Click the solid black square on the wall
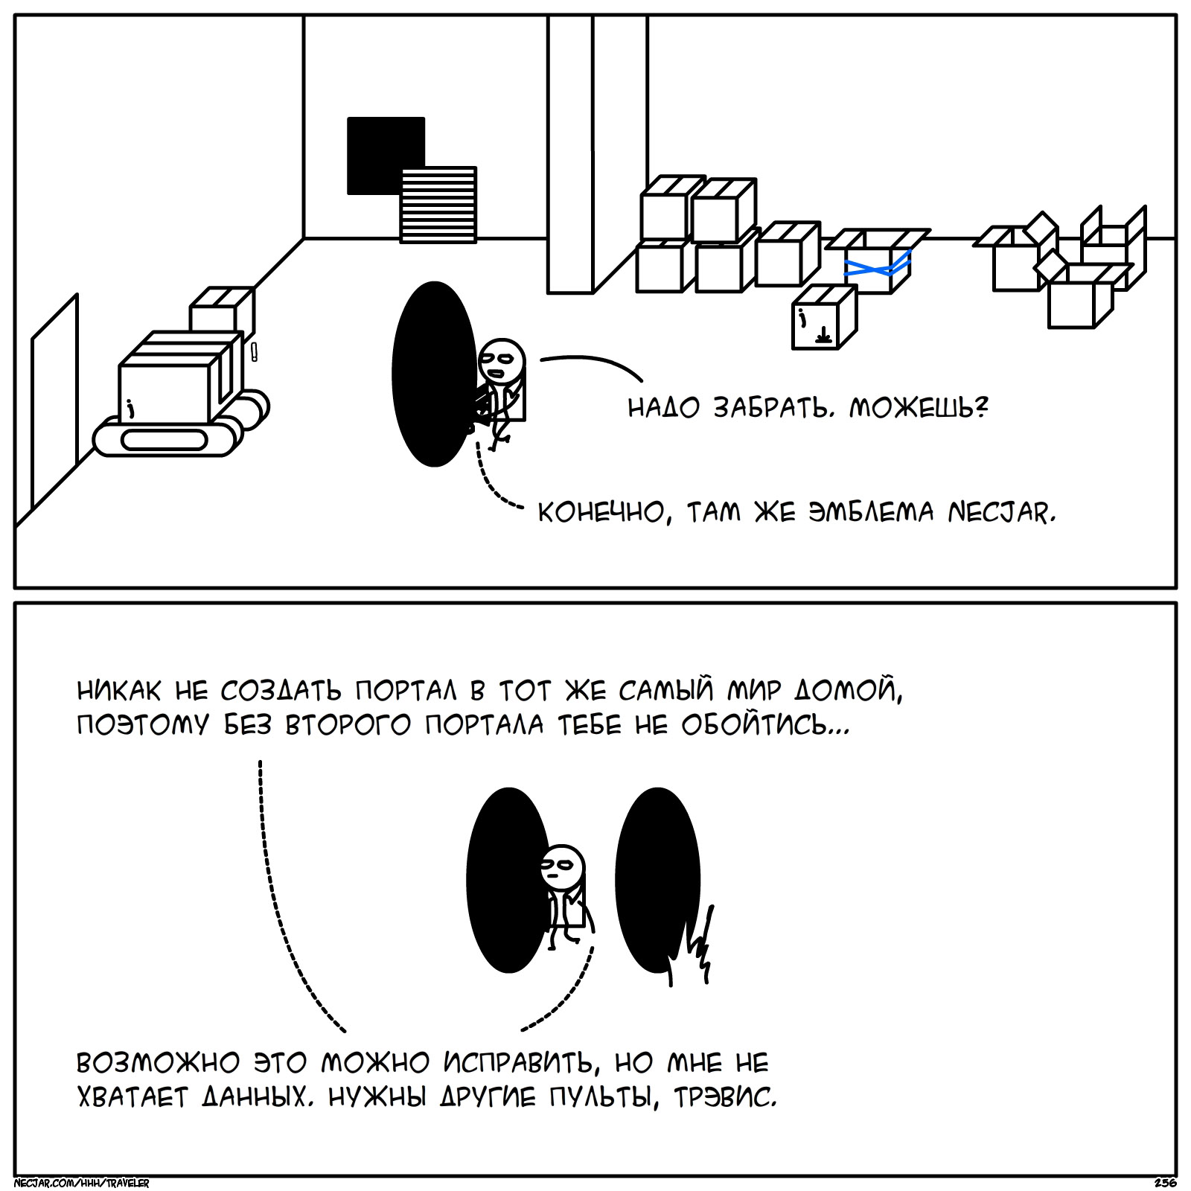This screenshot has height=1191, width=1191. (x=380, y=149)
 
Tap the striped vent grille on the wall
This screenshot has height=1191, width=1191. (x=438, y=205)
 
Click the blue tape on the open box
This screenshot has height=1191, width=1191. (x=878, y=266)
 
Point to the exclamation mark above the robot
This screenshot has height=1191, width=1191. (x=254, y=351)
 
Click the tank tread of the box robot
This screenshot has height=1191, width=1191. (x=164, y=440)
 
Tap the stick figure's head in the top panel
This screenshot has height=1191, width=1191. (x=501, y=361)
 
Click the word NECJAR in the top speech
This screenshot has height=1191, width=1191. (x=1001, y=513)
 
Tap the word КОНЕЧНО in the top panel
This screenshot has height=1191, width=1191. (x=601, y=513)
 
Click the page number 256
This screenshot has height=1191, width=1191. (x=1165, y=1183)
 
